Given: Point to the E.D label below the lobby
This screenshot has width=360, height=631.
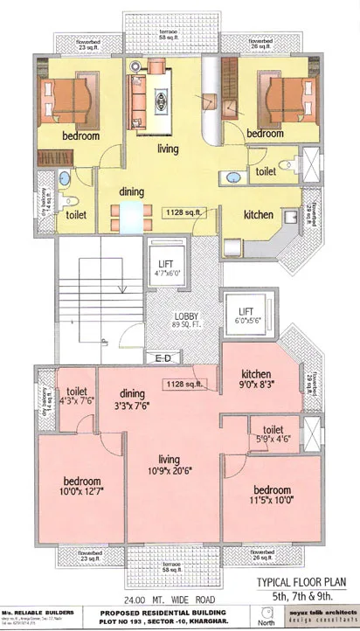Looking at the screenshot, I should pos(163,358).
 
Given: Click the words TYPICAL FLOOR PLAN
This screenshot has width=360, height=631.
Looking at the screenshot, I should pos(302,582).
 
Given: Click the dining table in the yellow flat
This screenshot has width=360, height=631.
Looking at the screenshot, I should pos(129,213).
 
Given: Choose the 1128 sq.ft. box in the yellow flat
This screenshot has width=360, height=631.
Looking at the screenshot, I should pos(186,211).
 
